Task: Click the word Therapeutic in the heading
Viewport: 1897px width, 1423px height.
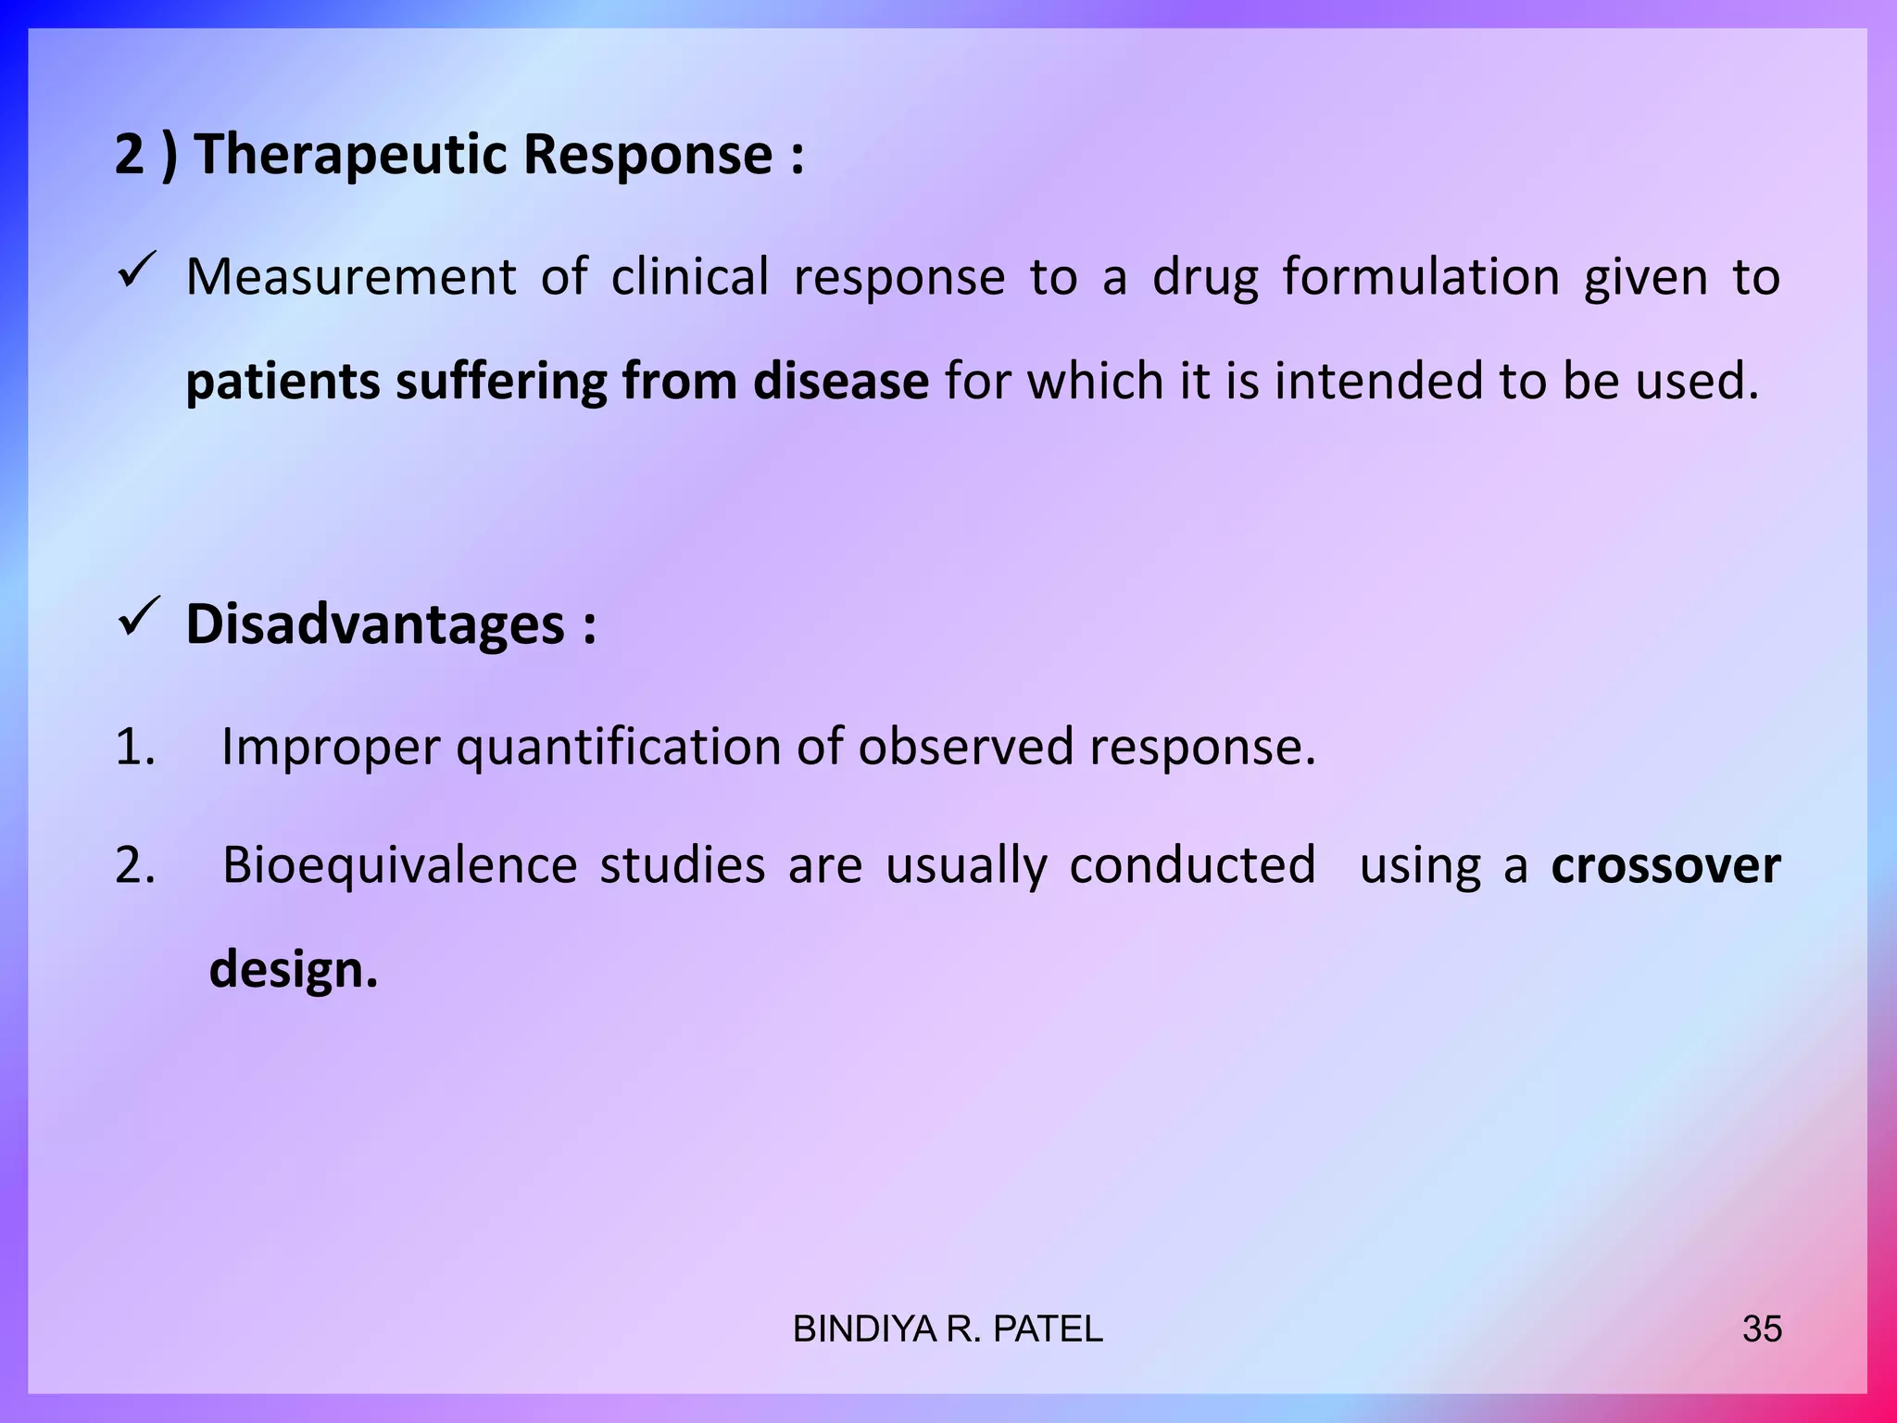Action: pos(350,154)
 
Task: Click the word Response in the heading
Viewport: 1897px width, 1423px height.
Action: pos(647,154)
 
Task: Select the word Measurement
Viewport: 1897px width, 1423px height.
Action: pos(350,277)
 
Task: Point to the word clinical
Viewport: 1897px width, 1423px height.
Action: pos(689,277)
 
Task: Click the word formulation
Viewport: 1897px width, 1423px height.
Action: pos(1421,277)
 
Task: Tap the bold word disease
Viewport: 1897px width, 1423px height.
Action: pos(840,381)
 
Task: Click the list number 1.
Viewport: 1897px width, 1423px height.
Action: pos(134,747)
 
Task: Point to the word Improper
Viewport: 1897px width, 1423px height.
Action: pos(331,747)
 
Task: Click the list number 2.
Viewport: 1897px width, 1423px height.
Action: pos(135,865)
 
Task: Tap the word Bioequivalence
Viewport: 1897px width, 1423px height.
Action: pos(399,865)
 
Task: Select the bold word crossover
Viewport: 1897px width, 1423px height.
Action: pos(1665,865)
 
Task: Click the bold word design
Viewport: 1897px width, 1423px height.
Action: pos(293,969)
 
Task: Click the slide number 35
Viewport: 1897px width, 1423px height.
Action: pos(1762,1329)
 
